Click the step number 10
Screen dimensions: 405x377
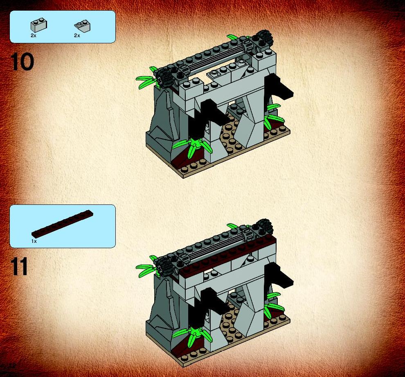point(22,62)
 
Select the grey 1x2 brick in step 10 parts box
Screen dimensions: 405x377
point(39,25)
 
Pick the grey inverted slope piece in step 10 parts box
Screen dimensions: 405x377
point(82,25)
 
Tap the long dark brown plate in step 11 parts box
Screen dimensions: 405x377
point(62,224)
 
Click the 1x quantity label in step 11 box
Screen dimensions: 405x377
point(34,241)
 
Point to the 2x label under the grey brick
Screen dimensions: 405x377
point(33,36)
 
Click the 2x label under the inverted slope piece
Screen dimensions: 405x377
point(77,36)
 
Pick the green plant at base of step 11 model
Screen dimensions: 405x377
point(192,335)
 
